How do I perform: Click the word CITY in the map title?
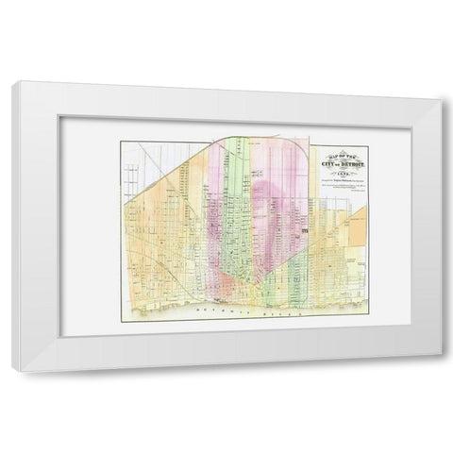(326, 166)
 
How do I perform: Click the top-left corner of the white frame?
(12, 84)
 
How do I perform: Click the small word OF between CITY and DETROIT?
(338, 166)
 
